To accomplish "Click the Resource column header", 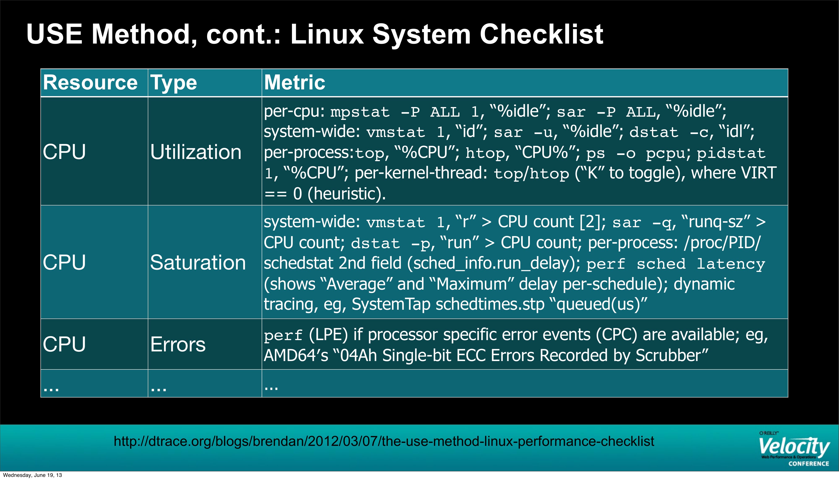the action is pyautogui.click(x=90, y=83).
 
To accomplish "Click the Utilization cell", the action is pyautogui.click(x=196, y=152).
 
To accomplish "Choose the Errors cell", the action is pyautogui.click(x=178, y=345).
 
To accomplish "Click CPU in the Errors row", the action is pyautogui.click(x=64, y=345).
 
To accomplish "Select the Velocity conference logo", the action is pyautogui.click(x=794, y=449).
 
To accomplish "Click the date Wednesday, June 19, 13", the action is pyautogui.click(x=32, y=475).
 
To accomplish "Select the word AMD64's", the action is pyautogui.click(x=296, y=355).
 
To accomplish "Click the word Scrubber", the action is pyautogui.click(x=672, y=355).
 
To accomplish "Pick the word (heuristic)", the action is pyautogui.click(x=347, y=194).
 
